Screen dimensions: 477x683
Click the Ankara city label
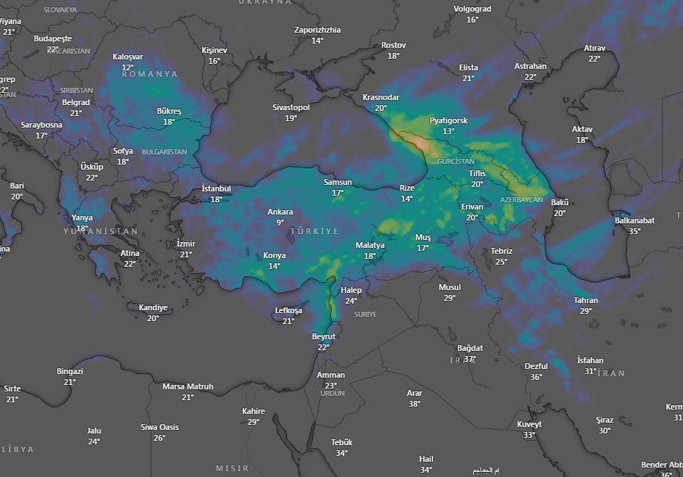(280, 212)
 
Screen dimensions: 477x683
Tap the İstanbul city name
(216, 189)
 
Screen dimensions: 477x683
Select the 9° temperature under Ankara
(280, 223)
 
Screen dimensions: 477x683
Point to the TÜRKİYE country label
(314, 231)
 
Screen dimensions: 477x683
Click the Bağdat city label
(470, 348)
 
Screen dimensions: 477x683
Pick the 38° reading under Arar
(414, 404)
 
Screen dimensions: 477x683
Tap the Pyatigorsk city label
(448, 120)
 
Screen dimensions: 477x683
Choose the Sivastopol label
(291, 107)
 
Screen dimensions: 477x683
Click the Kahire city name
(253, 411)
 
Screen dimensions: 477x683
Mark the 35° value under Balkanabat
(634, 231)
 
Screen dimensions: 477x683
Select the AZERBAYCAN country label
(521, 199)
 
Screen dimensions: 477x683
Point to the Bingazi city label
(70, 371)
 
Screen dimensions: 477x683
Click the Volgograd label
(472, 9)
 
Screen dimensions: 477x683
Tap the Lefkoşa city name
(288, 310)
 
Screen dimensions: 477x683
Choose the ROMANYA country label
(149, 74)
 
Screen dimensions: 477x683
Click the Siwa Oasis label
(159, 427)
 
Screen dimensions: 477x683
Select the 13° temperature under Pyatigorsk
(448, 131)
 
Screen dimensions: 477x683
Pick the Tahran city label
(586, 300)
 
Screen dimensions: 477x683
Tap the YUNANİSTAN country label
(100, 231)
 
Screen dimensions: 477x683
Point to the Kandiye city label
(153, 307)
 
